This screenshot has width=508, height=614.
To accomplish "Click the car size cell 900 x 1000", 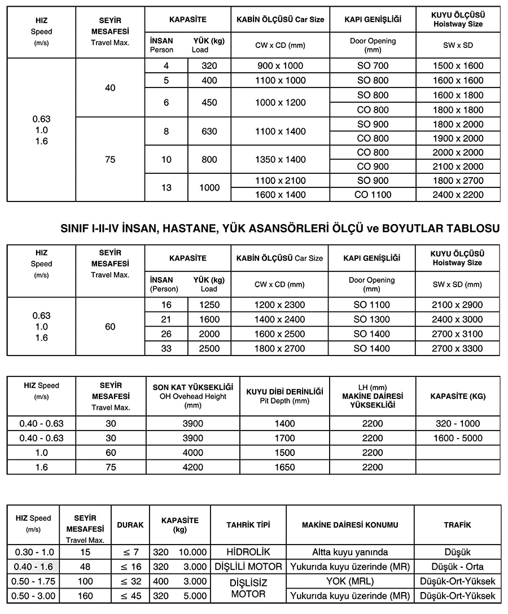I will [x=281, y=66].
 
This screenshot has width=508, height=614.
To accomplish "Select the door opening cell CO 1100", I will [x=373, y=195].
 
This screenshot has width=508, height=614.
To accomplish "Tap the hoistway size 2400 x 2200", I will [x=458, y=195].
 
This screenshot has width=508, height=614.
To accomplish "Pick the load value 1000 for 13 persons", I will [x=209, y=188].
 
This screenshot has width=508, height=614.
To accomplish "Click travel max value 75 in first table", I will [x=110, y=160].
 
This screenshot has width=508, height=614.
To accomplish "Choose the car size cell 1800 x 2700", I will [x=281, y=349].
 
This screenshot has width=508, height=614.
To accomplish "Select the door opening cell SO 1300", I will [x=373, y=319].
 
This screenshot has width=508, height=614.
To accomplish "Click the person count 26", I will [x=166, y=334].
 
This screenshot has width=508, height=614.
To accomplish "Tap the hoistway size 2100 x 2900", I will [x=458, y=305].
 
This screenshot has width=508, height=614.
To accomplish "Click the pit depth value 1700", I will [x=284, y=438].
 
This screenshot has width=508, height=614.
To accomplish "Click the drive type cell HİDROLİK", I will [x=248, y=552].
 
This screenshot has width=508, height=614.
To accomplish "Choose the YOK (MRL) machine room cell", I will [x=350, y=581].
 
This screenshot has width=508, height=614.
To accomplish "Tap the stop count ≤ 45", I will [x=130, y=595].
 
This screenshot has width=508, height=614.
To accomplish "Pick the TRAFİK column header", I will [x=457, y=525].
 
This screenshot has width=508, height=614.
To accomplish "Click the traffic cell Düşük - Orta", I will [x=457, y=567].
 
